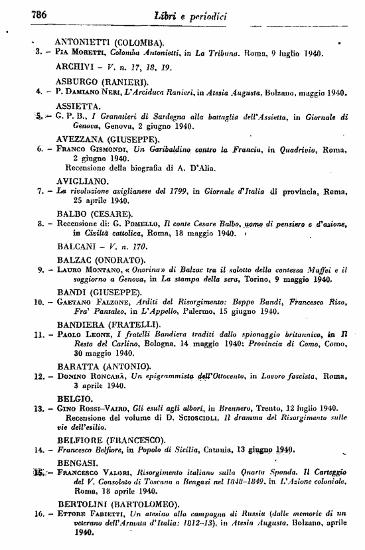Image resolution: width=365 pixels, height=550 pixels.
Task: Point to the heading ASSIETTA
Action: click(78, 105)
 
